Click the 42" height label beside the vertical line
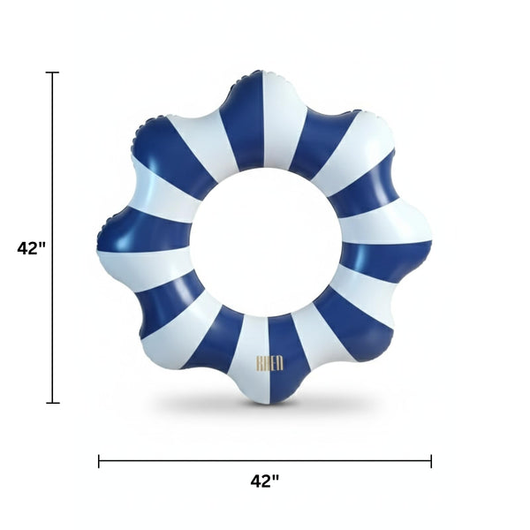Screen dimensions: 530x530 click(x=31, y=248)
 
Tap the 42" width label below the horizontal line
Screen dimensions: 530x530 click(x=265, y=481)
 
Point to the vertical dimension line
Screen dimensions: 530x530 click(x=53, y=177)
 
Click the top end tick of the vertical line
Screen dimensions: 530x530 click(x=53, y=72)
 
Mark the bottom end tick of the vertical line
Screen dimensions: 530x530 click(x=53, y=403)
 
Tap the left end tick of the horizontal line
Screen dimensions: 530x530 click(x=99, y=460)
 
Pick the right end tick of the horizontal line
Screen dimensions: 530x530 click(x=431, y=460)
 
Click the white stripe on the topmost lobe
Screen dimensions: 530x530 click(x=283, y=115)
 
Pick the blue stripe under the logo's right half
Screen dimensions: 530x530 click(x=284, y=362)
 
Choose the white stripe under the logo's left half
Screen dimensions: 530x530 click(x=253, y=362)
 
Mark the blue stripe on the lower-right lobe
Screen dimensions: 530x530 click(x=358, y=322)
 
